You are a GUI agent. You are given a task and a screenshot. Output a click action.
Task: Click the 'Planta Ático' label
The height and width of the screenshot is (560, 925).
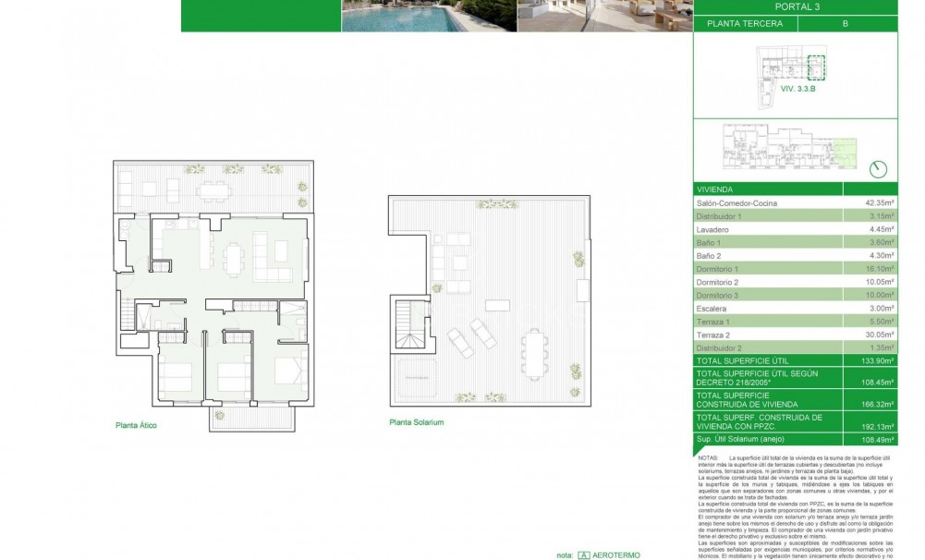pos(140,427)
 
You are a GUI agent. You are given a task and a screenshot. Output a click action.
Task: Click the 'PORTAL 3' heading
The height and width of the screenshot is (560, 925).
pos(795,7)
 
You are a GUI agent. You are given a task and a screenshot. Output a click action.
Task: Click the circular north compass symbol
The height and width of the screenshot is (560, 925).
pos(879,168)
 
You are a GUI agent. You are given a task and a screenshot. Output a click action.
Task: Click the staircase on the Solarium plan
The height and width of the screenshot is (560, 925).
pos(409,327)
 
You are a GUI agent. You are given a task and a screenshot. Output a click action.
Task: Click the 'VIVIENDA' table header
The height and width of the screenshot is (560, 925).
pos(717,188)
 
